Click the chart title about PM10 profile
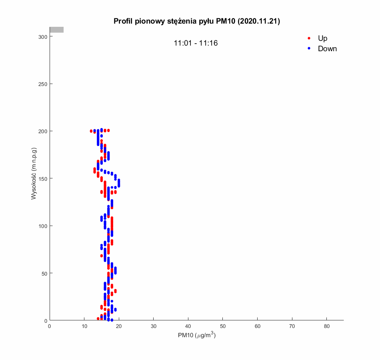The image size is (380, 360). [x=196, y=21]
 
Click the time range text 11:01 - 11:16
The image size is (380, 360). [x=196, y=43]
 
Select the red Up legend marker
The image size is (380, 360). [x=309, y=38]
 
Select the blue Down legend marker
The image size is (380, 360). [x=309, y=48]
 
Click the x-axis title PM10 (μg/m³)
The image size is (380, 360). [x=196, y=336]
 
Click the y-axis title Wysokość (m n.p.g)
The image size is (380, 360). [x=34, y=174]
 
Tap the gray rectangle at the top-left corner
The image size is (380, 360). [x=56, y=30]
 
